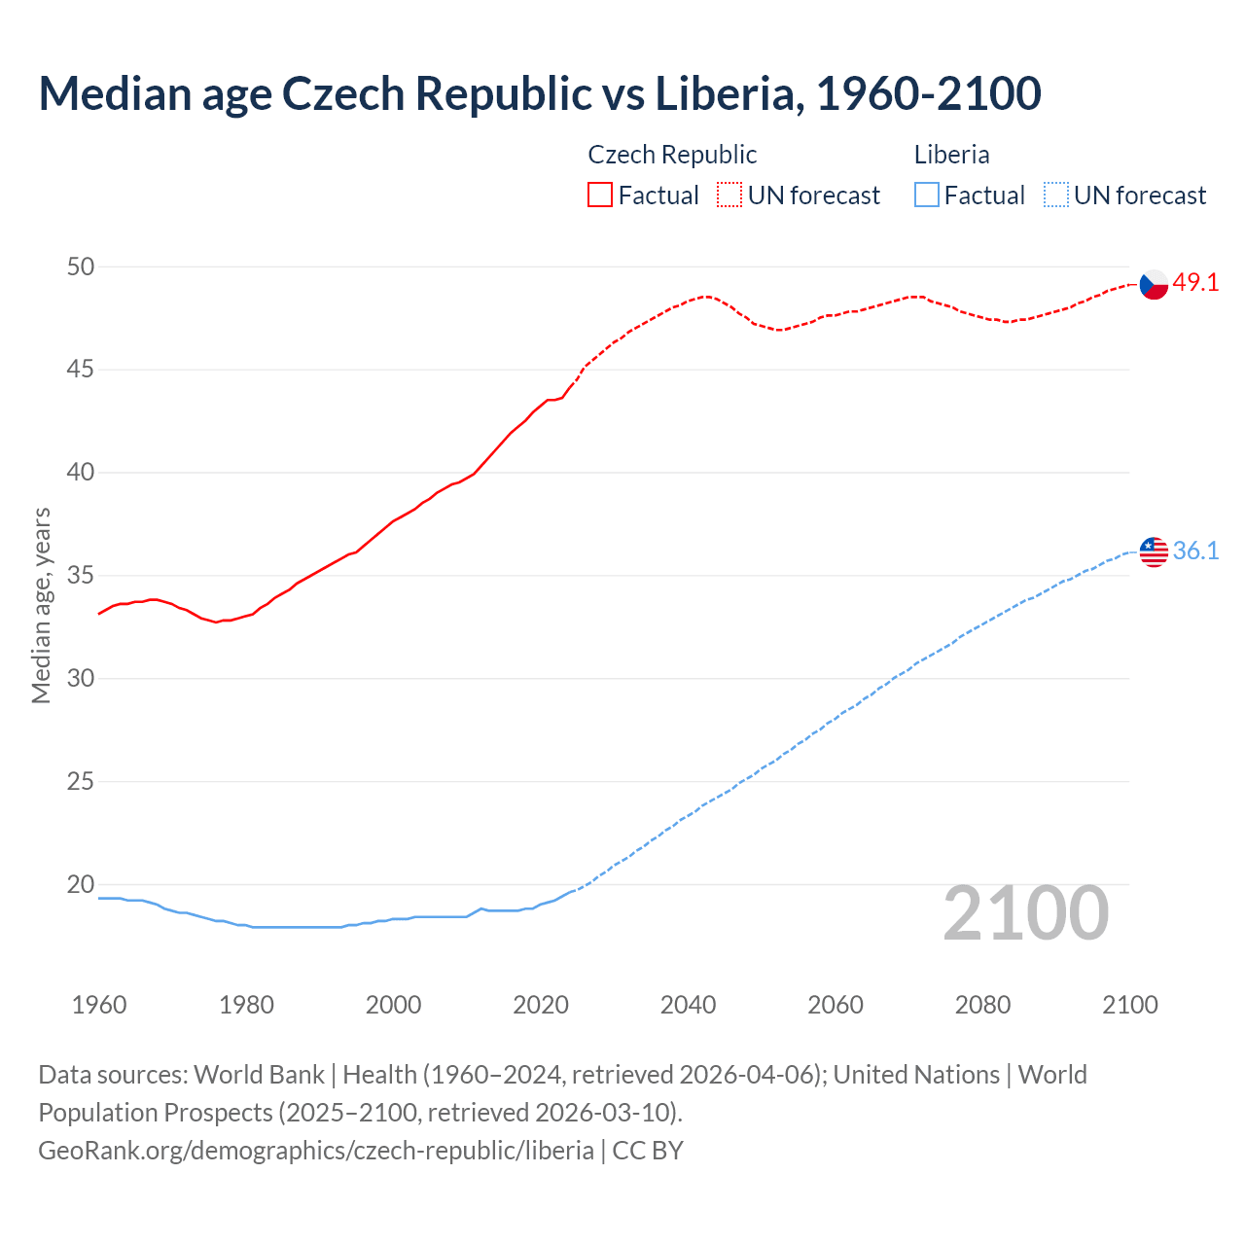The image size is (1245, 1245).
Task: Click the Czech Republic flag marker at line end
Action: click(1154, 284)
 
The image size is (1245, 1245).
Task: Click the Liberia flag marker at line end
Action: click(1154, 551)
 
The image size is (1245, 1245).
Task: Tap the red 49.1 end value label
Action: click(1195, 283)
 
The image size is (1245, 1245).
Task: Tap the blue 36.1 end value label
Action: click(1195, 551)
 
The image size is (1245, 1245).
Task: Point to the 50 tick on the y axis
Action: click(81, 267)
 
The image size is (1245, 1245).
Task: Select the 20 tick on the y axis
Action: click(81, 884)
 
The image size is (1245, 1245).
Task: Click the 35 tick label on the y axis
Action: click(81, 576)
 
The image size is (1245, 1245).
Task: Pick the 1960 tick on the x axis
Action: click(99, 1005)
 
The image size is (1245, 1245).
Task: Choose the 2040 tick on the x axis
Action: click(688, 1005)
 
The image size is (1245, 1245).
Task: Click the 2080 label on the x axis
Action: click(982, 1005)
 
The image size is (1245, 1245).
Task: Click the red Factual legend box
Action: click(600, 196)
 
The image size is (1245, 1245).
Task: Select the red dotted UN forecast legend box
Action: click(729, 196)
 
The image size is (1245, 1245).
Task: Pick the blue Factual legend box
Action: click(927, 196)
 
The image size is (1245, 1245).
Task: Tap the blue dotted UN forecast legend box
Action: click(1055, 196)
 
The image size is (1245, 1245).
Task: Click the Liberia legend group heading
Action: click(951, 155)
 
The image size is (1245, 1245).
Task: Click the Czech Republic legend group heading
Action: click(672, 155)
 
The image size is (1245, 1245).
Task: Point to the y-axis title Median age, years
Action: click(41, 605)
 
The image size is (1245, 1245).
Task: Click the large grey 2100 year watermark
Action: click(1025, 913)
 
